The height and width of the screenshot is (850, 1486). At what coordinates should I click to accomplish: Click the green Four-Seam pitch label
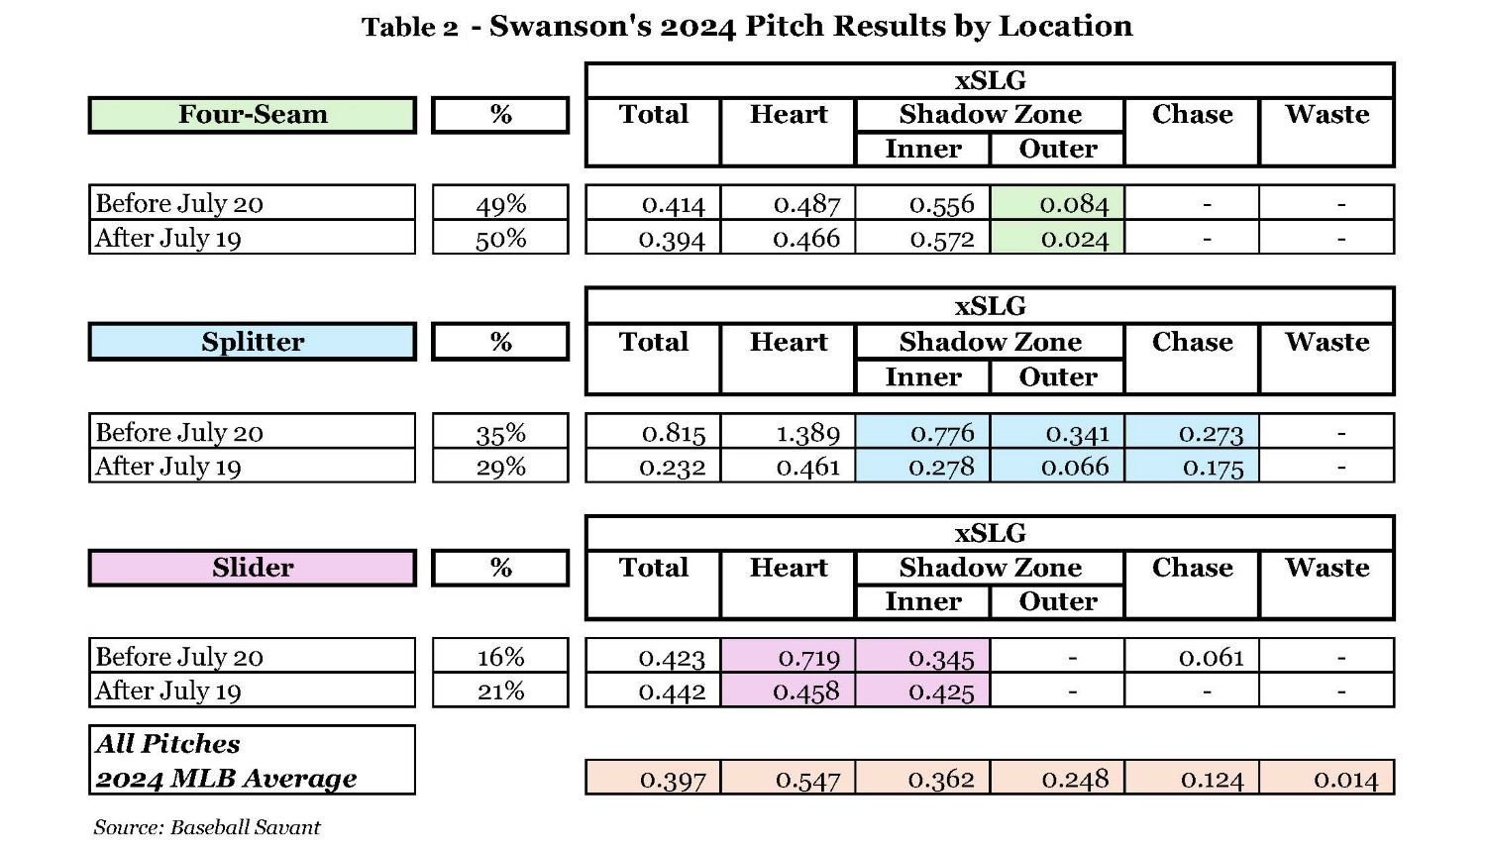click(252, 115)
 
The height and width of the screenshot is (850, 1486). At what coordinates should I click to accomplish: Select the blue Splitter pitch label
click(252, 342)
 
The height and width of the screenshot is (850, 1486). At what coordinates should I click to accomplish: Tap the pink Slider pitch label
click(252, 568)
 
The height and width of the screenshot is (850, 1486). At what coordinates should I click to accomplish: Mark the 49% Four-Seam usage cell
click(500, 204)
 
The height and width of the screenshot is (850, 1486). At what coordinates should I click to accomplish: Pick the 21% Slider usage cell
click(500, 691)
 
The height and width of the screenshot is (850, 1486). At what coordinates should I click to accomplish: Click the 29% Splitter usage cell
click(500, 466)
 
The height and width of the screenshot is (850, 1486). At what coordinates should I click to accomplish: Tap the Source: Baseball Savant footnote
click(207, 827)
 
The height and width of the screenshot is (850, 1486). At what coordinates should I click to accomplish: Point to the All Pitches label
click(167, 744)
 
